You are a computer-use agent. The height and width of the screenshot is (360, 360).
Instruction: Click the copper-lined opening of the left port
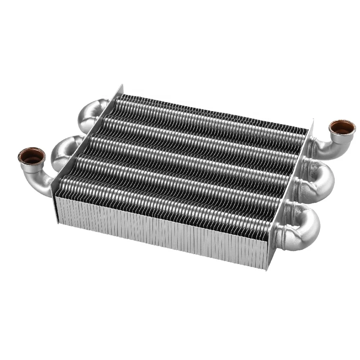31,156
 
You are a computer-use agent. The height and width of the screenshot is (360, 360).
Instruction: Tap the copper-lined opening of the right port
342,127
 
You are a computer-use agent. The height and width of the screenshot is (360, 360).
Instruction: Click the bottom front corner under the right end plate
267,270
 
